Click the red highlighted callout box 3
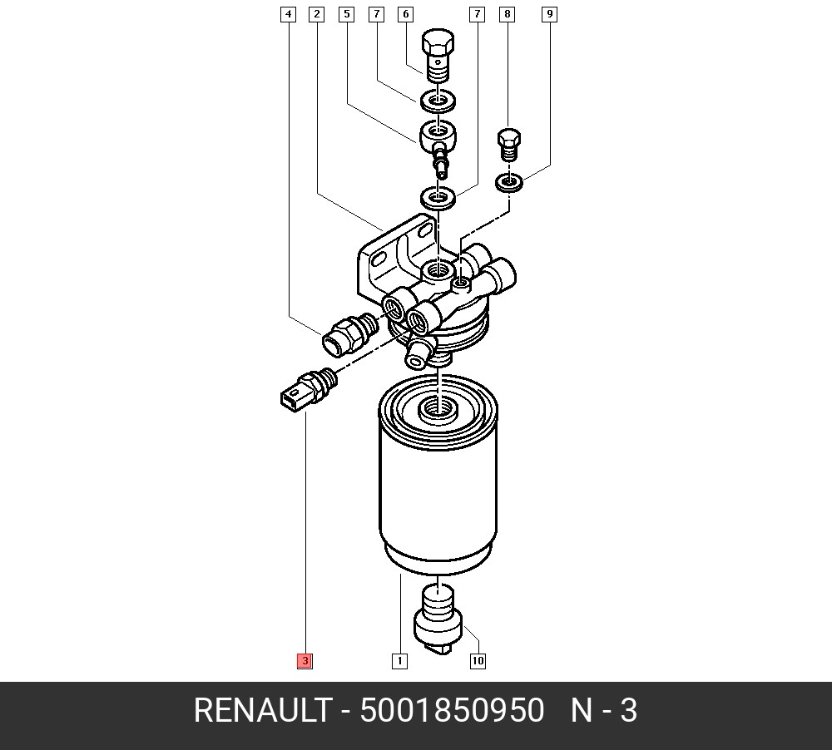(305, 661)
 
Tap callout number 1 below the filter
(399, 661)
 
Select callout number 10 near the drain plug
(478, 661)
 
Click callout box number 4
(288, 14)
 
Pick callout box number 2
(316, 14)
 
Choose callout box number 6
(405, 14)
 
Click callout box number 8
(507, 14)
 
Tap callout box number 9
(549, 14)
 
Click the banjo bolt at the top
(438, 53)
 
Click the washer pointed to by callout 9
(508, 181)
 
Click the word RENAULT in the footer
(261, 712)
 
